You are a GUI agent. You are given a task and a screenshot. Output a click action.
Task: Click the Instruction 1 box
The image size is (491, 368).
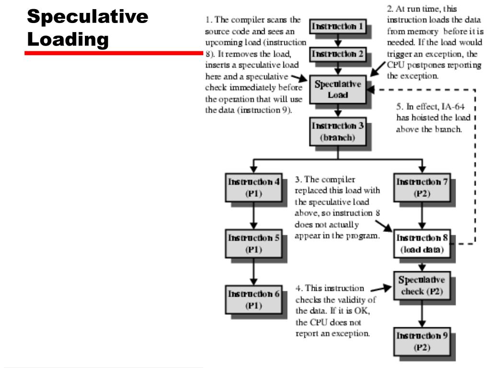click(x=338, y=26)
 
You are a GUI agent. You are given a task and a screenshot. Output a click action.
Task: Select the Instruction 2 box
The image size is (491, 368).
click(x=338, y=54)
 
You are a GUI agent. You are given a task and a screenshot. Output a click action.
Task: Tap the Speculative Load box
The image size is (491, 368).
click(x=338, y=90)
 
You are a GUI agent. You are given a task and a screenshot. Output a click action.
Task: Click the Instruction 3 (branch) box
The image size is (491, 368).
click(x=338, y=131)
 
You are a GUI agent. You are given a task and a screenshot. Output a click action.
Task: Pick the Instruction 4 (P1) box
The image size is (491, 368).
click(x=254, y=187)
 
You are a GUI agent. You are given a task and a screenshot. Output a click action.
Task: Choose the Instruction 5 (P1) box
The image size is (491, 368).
click(x=254, y=243)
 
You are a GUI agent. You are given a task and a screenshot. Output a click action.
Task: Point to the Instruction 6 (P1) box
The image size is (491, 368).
click(x=254, y=299)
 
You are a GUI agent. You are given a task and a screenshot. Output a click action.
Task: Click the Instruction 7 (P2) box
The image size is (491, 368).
click(x=422, y=187)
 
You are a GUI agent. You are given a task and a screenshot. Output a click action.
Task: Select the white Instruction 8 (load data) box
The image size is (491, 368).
click(x=422, y=243)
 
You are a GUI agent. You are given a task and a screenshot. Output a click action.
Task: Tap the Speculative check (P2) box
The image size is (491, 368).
click(x=422, y=286)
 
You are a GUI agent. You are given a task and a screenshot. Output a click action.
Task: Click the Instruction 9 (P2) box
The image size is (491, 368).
click(x=422, y=341)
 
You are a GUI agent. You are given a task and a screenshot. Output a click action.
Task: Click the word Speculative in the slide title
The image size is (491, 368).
click(x=88, y=16)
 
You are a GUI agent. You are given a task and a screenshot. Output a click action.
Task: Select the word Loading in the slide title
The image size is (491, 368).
click(x=68, y=40)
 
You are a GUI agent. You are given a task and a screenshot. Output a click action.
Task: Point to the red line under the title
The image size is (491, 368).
click(x=114, y=53)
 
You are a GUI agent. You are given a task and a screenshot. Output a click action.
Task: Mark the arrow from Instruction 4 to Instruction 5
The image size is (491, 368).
click(x=254, y=216)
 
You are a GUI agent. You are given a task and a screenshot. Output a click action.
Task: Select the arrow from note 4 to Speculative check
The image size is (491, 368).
click(x=381, y=288)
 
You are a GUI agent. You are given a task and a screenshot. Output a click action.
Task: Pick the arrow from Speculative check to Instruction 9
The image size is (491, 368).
click(x=422, y=313)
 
